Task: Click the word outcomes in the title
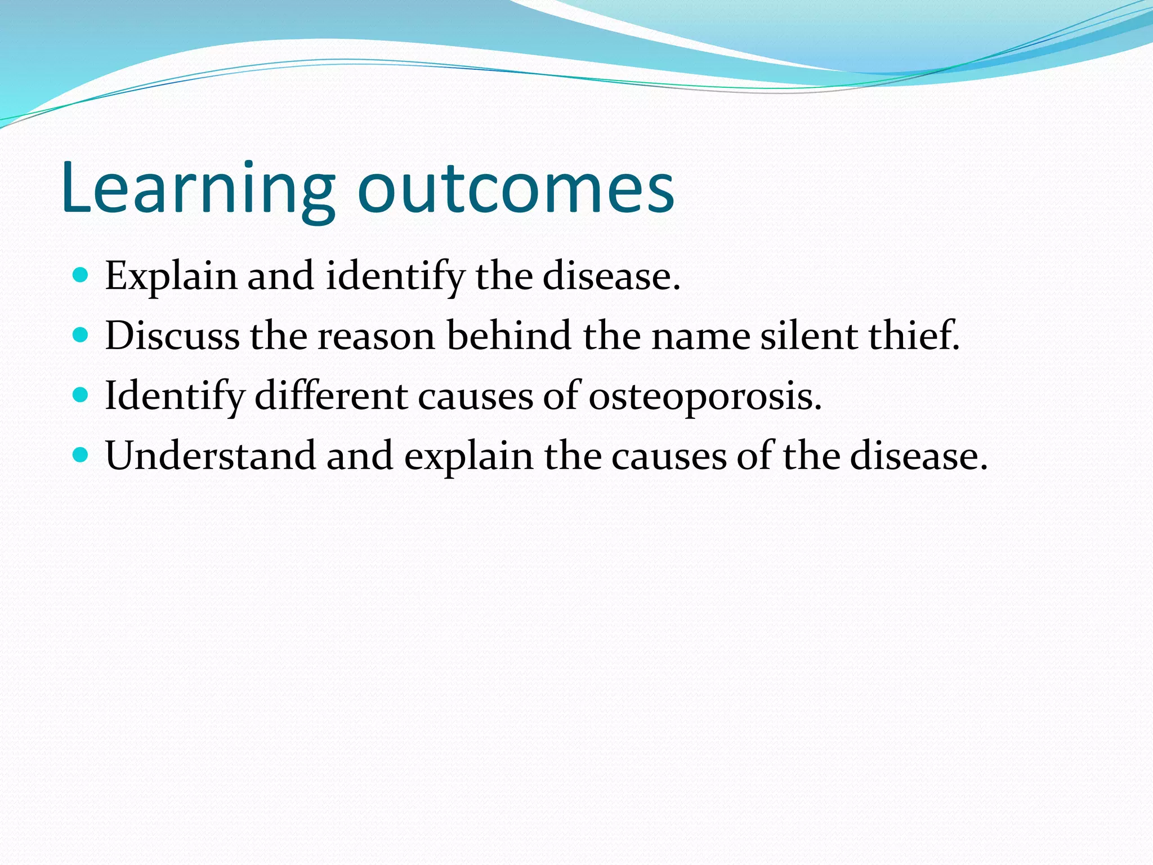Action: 516,189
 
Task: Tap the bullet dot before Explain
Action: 81,275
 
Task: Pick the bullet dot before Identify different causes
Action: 81,395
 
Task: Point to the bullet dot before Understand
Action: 81,455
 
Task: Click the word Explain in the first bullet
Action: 171,277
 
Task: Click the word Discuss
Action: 172,336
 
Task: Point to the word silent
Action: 808,336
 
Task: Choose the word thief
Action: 912,336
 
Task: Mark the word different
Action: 331,395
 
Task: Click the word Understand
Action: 211,456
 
